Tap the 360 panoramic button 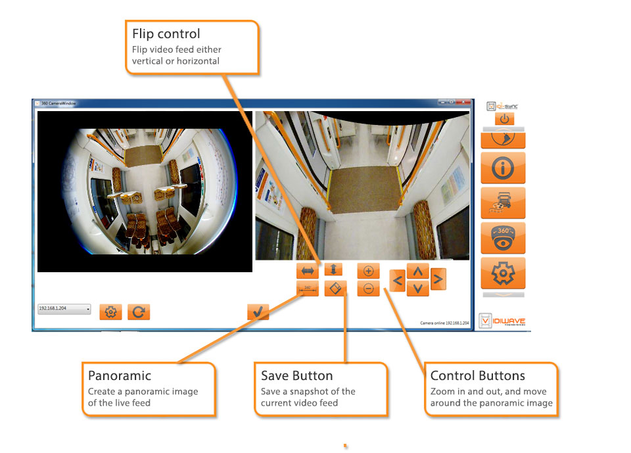308,288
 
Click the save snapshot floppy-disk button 335,288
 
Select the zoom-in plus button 369,270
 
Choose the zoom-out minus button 369,288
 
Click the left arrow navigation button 397,280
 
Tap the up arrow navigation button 418,271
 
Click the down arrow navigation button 418,288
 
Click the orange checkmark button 258,312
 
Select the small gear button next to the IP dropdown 110,312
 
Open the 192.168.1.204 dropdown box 64,308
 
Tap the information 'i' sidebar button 503,168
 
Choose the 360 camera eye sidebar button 503,238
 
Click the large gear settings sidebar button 503,273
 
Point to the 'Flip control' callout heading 166,34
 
